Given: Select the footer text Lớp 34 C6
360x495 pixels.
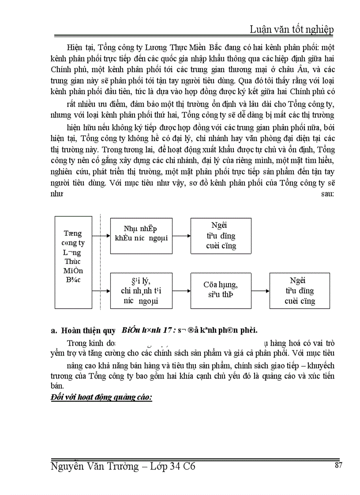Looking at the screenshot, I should click(x=172, y=466).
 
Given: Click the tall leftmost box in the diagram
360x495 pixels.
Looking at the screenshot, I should click(x=73, y=262).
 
